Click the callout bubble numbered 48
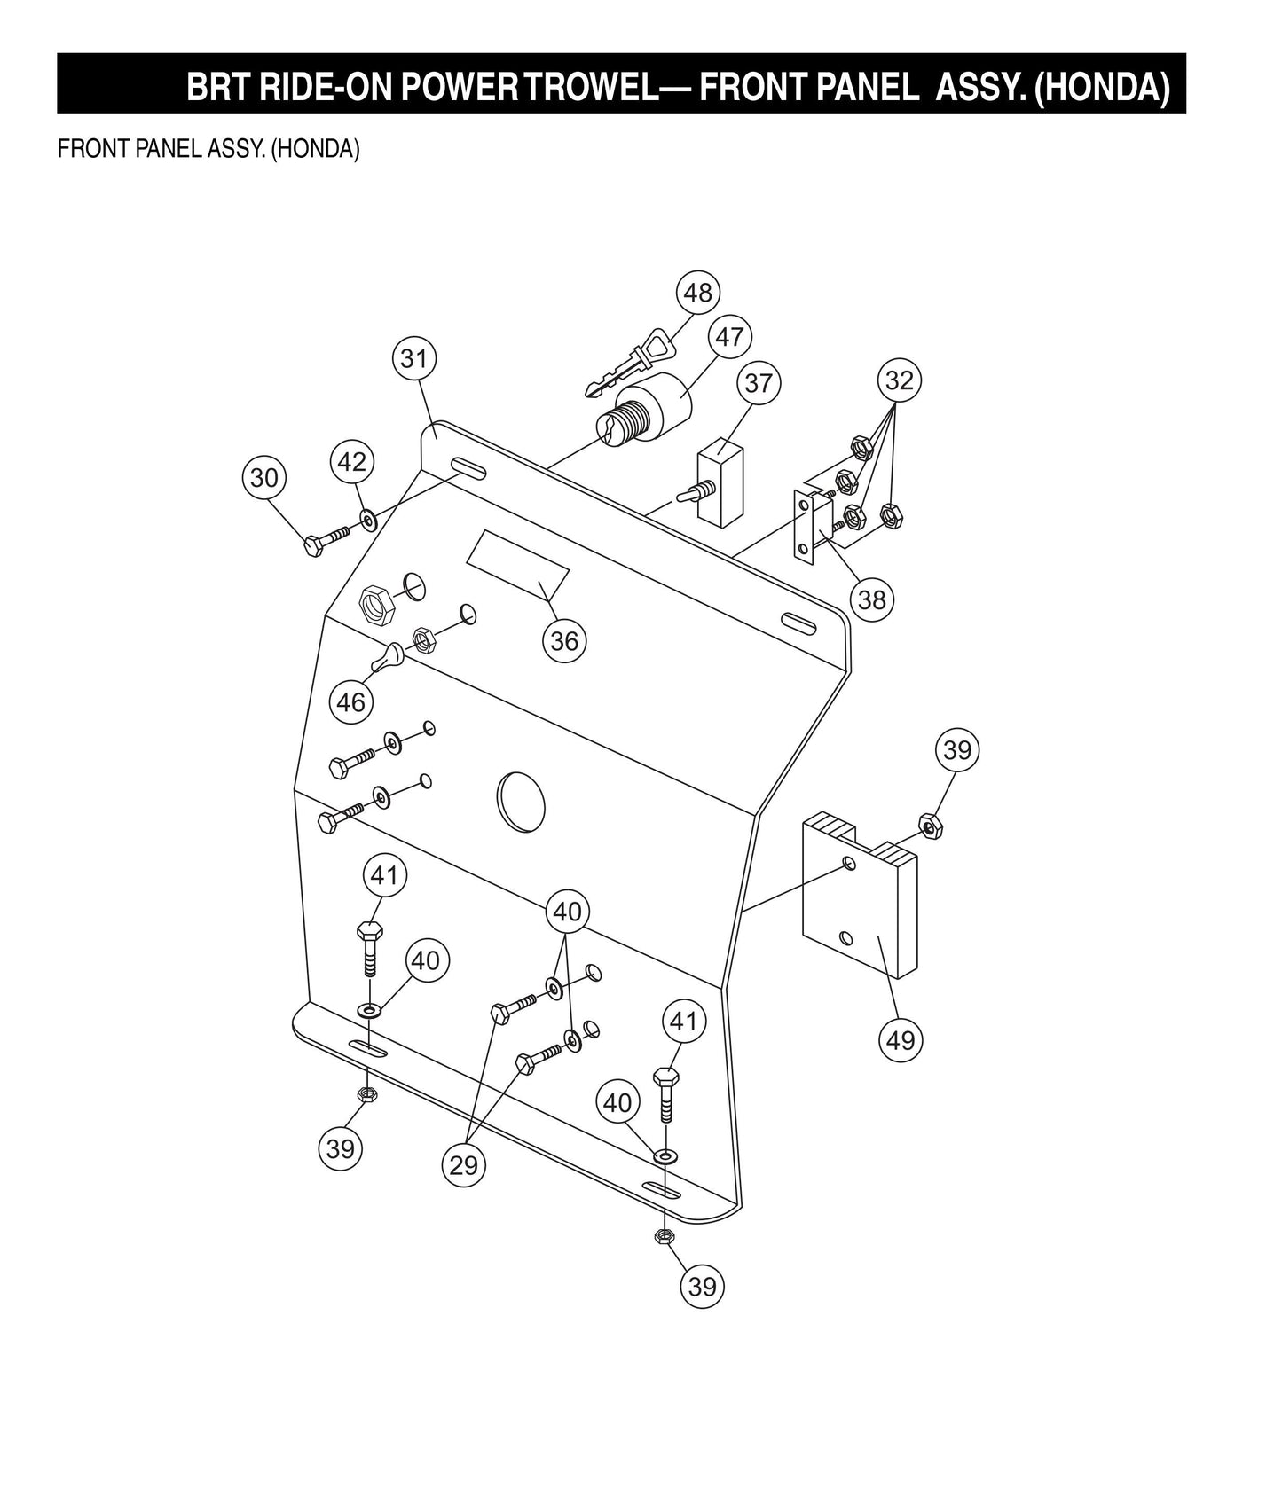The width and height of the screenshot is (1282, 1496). click(698, 292)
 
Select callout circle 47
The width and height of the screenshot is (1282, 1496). click(729, 337)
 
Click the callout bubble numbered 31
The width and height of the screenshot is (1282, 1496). click(414, 358)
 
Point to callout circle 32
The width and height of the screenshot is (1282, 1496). click(900, 380)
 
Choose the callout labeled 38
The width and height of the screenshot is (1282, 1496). click(871, 599)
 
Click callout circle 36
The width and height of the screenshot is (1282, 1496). click(564, 640)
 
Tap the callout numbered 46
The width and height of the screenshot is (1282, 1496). click(351, 702)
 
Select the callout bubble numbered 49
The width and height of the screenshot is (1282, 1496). click(901, 1038)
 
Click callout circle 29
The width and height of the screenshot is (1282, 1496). click(464, 1164)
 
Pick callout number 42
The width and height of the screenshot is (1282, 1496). click(352, 461)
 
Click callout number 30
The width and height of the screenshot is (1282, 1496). click(264, 477)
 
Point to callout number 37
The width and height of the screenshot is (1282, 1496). click(759, 383)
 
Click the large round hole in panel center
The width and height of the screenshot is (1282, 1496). click(521, 800)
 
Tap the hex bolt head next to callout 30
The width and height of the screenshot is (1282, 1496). click(313, 545)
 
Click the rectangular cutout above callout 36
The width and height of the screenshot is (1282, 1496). click(517, 566)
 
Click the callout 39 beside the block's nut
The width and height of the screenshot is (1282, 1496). click(957, 749)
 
